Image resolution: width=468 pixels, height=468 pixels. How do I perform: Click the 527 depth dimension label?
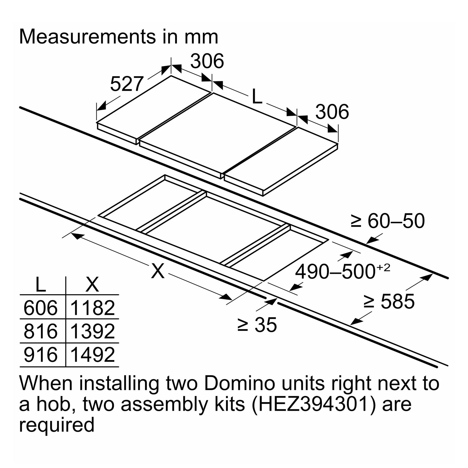[127, 84]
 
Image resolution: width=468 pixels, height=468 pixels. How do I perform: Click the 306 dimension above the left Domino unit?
[207, 61]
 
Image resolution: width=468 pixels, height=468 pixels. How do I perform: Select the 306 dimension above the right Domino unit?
[332, 112]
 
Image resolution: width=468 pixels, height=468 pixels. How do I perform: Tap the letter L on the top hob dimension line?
[257, 97]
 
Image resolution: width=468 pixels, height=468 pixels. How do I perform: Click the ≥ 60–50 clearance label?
[388, 221]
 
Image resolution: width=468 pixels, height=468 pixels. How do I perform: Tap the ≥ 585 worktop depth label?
[389, 301]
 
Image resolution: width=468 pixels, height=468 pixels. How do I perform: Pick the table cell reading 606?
[41, 308]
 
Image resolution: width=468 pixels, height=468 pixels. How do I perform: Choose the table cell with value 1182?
[93, 308]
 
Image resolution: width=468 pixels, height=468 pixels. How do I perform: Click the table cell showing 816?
[41, 331]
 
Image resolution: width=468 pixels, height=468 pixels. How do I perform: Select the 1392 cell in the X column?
[93, 331]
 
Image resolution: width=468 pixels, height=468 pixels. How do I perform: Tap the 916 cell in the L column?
[41, 355]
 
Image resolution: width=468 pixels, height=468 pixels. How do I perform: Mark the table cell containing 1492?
[93, 355]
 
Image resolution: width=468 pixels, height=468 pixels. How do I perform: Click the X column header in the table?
[92, 284]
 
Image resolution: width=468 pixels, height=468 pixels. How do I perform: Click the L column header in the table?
[40, 284]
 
